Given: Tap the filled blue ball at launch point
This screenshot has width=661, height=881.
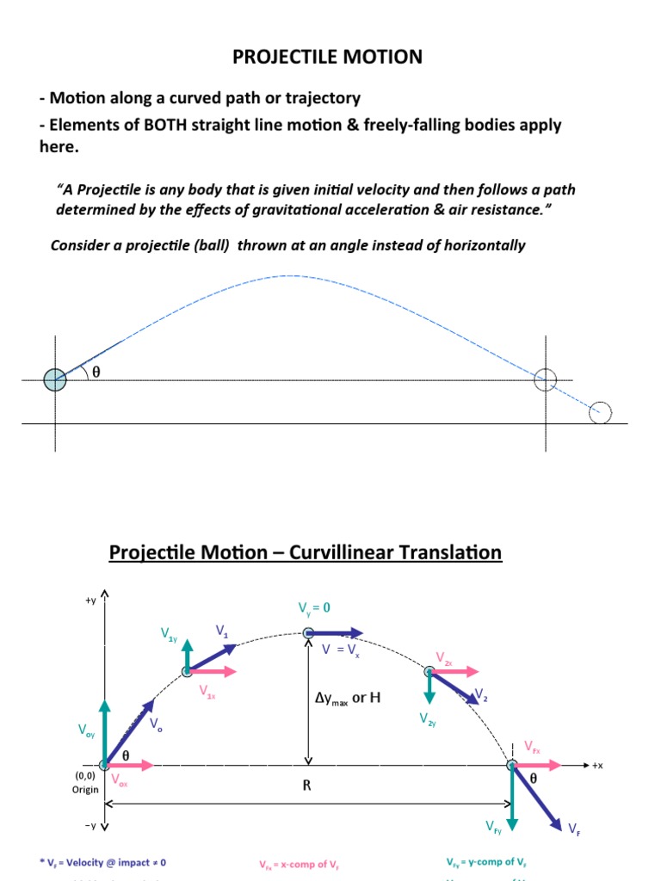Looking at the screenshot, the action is click(55, 379).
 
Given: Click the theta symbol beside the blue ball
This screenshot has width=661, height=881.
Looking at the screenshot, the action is click(96, 373).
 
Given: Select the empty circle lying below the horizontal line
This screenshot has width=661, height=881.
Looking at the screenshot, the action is click(600, 413).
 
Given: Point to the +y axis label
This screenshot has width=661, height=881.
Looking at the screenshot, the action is click(90, 601).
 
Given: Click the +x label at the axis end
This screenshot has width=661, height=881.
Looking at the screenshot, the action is click(597, 765).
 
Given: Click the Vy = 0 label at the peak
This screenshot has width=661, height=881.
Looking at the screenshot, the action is click(314, 607).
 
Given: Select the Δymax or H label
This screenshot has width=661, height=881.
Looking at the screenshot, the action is click(347, 698).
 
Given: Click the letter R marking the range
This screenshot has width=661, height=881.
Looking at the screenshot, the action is click(306, 786).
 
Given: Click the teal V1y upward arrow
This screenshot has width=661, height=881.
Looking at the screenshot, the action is click(188, 654).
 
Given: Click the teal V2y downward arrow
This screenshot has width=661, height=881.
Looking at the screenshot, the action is click(429, 687).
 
